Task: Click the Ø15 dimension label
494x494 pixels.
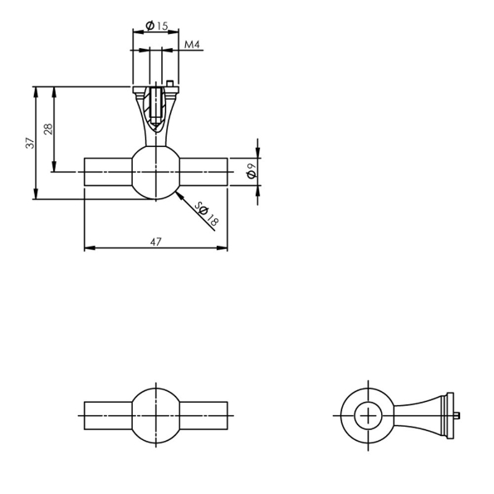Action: (156, 26)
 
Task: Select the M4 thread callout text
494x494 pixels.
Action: (192, 44)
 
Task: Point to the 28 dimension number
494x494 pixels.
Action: (49, 129)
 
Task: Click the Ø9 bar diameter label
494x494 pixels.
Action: (250, 171)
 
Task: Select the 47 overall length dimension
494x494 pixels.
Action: (155, 241)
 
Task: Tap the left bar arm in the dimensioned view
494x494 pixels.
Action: (107, 172)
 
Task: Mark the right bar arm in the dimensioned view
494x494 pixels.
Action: (203, 172)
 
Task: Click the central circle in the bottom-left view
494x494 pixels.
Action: (155, 415)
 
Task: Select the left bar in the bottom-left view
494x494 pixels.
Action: (107, 415)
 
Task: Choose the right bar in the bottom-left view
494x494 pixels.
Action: (203, 415)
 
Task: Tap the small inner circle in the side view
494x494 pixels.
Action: (365, 415)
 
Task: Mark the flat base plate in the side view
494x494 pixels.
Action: (450, 415)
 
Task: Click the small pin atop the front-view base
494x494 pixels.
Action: (169, 83)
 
